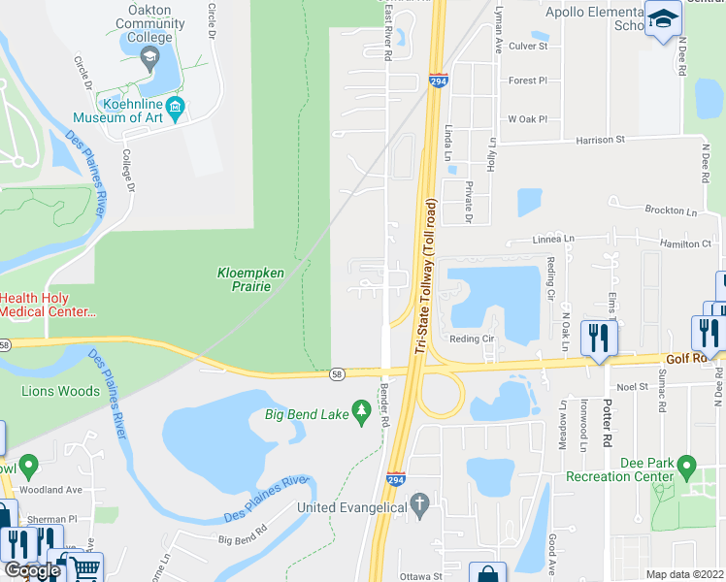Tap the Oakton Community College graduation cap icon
tap(149, 59)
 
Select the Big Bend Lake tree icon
tap(361, 415)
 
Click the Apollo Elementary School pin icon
tap(664, 19)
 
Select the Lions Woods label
tap(60, 391)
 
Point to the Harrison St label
tap(600, 140)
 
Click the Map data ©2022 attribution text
tap(684, 574)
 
